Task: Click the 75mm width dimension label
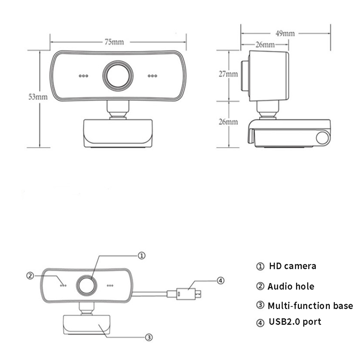point(114,42)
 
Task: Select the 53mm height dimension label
point(38,97)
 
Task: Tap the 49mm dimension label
point(285,33)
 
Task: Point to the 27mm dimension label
point(228,74)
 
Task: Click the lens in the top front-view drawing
point(118,76)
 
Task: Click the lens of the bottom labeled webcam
point(86,286)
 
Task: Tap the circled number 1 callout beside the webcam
point(141,256)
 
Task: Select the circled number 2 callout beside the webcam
point(30,275)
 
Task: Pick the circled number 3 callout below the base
point(149,337)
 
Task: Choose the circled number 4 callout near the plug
point(220,280)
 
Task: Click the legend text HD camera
point(292,266)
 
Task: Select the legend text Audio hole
point(291,286)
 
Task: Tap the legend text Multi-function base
point(310,306)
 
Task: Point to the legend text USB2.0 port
point(295,322)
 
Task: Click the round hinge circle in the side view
point(323,138)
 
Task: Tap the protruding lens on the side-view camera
point(245,76)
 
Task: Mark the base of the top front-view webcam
point(118,133)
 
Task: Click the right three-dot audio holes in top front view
point(153,76)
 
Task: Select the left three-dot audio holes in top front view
point(83,76)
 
